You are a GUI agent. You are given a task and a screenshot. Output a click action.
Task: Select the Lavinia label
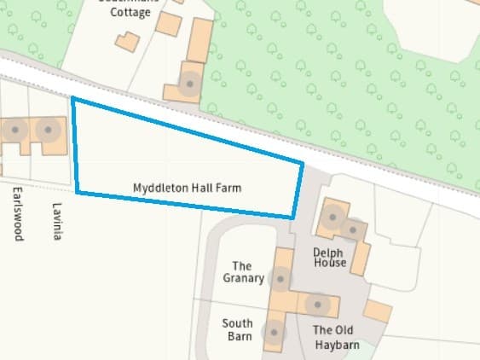pos(57,221)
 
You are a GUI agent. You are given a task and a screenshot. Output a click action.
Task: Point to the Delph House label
pos(330,257)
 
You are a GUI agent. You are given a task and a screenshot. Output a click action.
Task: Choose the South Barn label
pos(237,329)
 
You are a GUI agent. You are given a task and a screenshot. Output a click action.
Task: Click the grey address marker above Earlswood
pos(14,131)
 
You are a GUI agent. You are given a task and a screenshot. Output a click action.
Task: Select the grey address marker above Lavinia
pos(49,131)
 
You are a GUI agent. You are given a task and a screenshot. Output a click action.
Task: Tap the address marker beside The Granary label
pos(280,278)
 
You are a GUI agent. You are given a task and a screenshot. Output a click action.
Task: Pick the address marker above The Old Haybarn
pos(317,304)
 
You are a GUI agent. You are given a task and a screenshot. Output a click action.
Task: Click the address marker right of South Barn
pos(274,333)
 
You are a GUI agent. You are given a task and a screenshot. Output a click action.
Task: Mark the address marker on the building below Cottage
pos(189,84)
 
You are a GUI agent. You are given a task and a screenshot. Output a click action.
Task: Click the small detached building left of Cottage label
pos(127,42)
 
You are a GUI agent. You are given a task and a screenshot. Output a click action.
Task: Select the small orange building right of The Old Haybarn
pos(377,311)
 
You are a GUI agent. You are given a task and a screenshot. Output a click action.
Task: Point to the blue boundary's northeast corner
pos(303,161)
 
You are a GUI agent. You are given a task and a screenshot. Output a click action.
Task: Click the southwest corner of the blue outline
pos(78,192)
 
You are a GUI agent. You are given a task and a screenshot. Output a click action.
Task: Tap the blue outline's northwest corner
pos(72,98)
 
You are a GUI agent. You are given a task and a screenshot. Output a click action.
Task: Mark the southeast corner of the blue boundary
pos(292,217)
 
